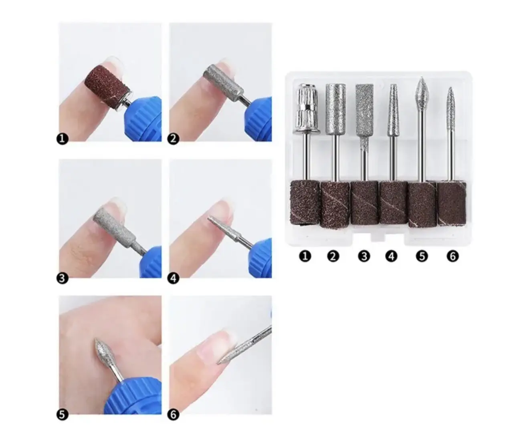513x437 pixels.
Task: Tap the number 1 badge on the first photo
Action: pyautogui.click(x=62, y=139)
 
